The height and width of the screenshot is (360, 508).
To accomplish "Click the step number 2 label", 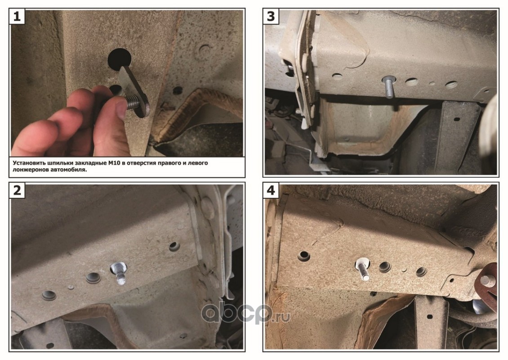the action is [17, 190].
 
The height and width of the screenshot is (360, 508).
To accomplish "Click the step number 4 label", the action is [271, 190].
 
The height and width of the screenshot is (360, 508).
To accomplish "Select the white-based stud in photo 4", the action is [364, 268].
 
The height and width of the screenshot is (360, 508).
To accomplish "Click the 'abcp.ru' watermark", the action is [245, 313].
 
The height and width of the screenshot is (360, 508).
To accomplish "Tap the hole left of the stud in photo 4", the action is [304, 256].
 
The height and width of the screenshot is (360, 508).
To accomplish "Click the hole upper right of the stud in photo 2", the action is [174, 247].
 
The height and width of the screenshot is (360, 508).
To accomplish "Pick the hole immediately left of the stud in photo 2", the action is [93, 278].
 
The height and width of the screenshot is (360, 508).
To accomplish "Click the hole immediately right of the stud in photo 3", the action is [411, 81].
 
